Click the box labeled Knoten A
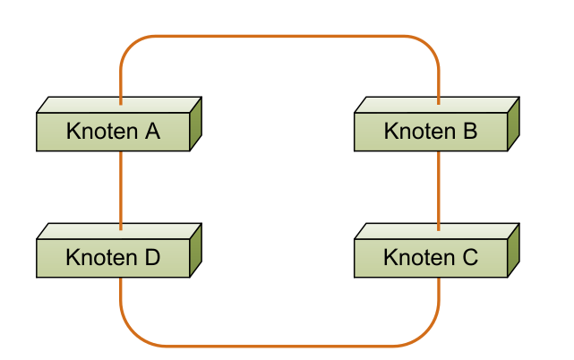coord(113,132)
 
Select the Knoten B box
coord(431,132)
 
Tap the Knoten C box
coord(431,258)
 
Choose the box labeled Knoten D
coord(113,258)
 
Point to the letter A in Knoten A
coord(151,132)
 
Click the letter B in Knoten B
coord(469,132)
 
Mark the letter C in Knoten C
coord(469,258)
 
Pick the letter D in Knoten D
coord(151,258)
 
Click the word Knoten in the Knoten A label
coord(102,132)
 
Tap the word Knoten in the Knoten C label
coord(420,258)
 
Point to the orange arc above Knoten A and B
coord(279,37)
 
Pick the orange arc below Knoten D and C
coord(279,345)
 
